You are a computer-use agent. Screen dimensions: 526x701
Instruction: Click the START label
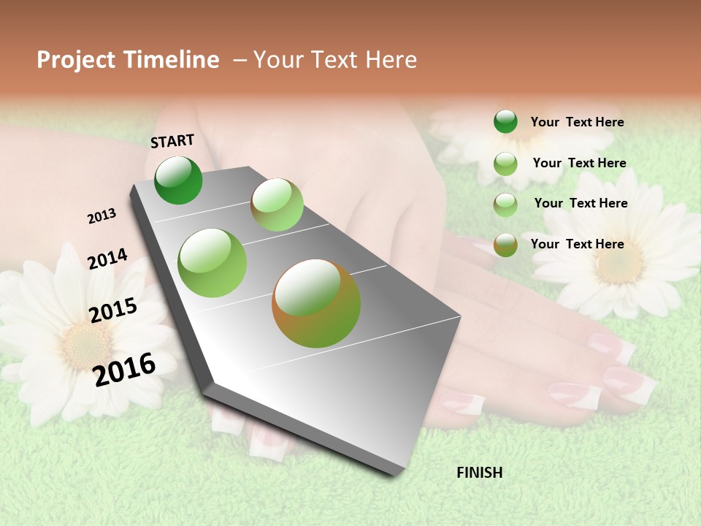coord(172,141)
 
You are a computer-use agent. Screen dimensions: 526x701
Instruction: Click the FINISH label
coord(479,473)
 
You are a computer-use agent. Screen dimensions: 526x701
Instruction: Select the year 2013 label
coord(101,216)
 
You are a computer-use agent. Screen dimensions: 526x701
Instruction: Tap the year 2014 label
coord(107,259)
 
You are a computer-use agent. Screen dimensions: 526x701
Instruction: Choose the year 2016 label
coord(125,369)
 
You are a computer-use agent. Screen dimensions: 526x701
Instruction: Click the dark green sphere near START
coord(178,180)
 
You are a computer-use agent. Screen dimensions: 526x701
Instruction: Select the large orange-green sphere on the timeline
coord(316,303)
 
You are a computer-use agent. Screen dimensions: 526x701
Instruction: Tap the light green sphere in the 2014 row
coord(212,263)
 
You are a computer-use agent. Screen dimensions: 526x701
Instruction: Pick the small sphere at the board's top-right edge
coord(277,205)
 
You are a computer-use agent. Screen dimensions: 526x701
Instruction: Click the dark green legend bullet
coord(505,122)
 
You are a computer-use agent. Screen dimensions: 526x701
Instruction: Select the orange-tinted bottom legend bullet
coord(505,245)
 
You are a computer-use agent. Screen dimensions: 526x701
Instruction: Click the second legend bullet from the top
coord(505,164)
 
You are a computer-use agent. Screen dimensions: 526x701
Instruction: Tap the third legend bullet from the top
coord(505,205)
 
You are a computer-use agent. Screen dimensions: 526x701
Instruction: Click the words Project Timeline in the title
coord(128,60)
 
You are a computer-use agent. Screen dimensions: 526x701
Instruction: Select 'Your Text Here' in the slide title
coord(335,60)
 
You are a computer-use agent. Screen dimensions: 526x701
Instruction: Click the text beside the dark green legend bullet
coord(577,122)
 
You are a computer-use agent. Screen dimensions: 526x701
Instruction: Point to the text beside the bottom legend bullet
coord(577,244)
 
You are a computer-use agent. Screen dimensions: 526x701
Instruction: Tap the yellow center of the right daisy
coord(618,263)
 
